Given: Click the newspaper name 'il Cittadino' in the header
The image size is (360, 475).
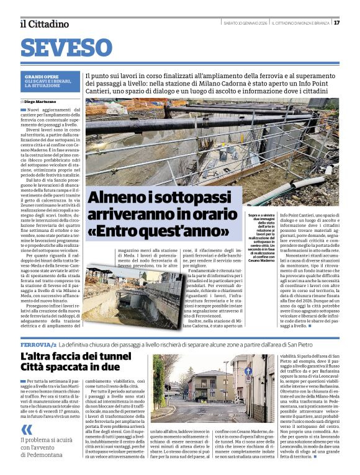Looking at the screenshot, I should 44,24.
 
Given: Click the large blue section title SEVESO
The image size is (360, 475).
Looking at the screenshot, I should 66,48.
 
